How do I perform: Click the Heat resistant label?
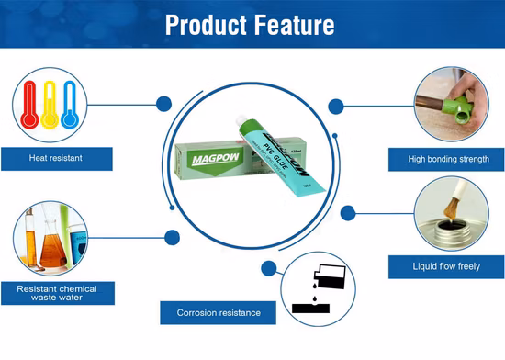(x=56, y=158)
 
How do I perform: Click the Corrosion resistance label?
(x=218, y=313)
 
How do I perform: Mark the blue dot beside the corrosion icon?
(x=268, y=270)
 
